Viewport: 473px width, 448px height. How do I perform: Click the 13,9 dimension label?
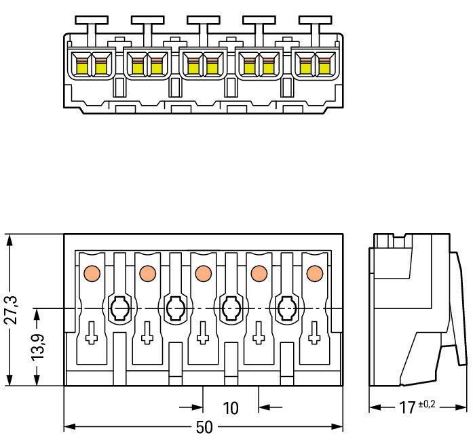[x=40, y=346]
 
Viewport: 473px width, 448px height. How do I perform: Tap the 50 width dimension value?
[x=203, y=428]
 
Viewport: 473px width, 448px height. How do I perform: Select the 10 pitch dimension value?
[x=231, y=408]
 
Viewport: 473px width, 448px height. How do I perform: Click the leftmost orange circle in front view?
[x=91, y=273]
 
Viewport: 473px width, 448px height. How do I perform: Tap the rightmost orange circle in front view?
[x=314, y=273]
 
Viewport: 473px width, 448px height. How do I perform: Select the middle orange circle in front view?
[x=202, y=273]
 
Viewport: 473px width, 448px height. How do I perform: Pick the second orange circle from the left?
[x=147, y=273]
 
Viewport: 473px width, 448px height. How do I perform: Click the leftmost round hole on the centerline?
[x=119, y=309]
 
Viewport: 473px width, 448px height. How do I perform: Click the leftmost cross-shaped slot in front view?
[x=91, y=334]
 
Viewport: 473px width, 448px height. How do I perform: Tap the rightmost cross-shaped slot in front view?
[x=314, y=334]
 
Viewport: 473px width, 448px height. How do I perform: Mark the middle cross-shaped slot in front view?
[x=202, y=334]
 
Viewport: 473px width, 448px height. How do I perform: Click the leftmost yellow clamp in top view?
[x=82, y=66]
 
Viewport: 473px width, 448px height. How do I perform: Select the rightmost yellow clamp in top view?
[x=324, y=66]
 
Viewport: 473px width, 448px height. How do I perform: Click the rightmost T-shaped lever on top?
[x=316, y=24]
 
